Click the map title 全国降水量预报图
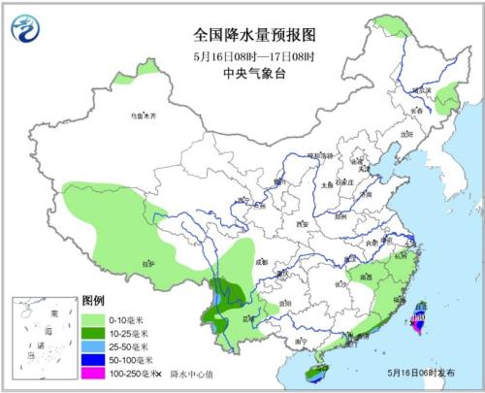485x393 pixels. click(x=255, y=34)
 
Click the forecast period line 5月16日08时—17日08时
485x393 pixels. click(x=255, y=53)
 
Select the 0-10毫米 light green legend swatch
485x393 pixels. click(x=94, y=317)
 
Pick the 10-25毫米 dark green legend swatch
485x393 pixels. click(x=94, y=332)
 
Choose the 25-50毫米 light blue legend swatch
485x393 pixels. click(x=94, y=345)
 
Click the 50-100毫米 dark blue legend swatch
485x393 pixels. click(x=94, y=359)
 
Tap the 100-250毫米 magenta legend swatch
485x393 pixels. click(x=94, y=373)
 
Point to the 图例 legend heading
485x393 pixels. click(x=93, y=302)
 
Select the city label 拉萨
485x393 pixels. click(x=147, y=263)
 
